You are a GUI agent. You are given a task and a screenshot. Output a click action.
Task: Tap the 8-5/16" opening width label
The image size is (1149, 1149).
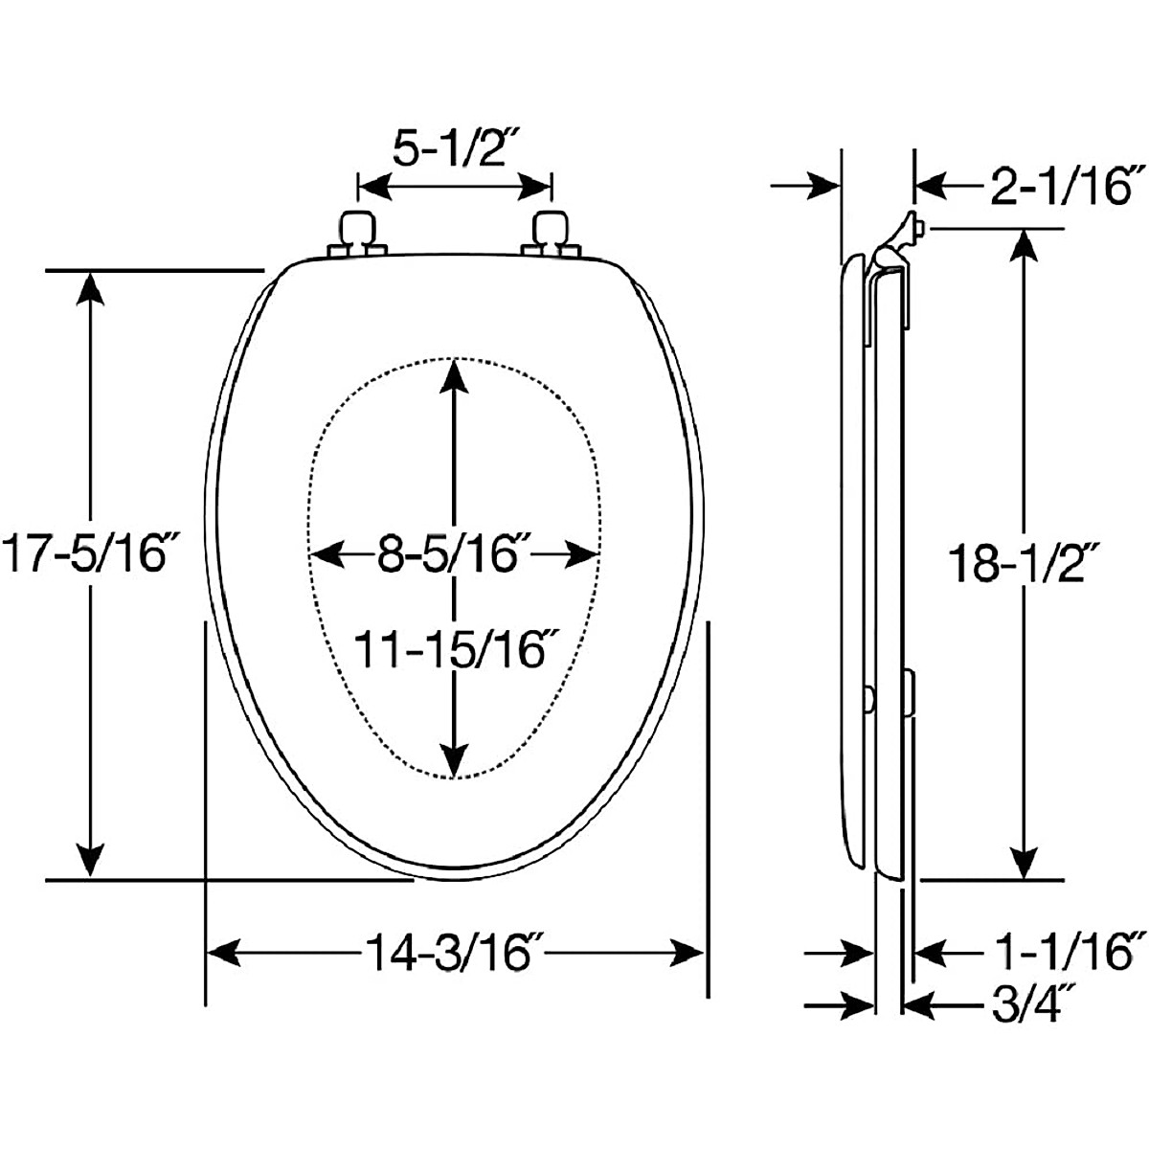[x=454, y=554]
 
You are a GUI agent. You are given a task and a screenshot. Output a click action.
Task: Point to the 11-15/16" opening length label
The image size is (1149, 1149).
[x=456, y=650]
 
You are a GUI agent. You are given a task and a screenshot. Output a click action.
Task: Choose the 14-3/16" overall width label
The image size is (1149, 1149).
[x=454, y=953]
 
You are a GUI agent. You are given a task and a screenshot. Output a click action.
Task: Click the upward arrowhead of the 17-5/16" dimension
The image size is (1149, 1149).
[x=90, y=287]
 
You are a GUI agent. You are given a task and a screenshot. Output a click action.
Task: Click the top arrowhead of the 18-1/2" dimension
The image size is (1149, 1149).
[x=1025, y=245]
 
